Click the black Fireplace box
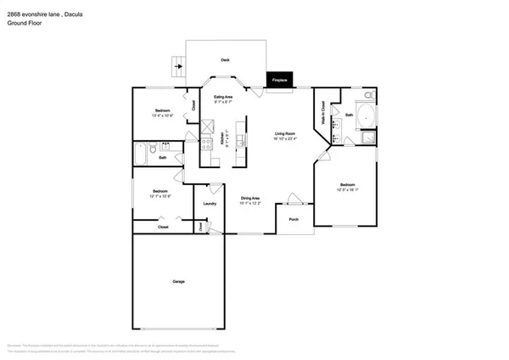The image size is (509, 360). pos(279,79)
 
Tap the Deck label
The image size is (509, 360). pos(225,60)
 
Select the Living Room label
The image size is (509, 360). pos(284,133)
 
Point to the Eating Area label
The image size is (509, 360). pos(224,98)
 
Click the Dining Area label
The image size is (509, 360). pos(249,198)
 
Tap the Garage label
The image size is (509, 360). pos(178,281)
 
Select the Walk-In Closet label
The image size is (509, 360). pos(323,113)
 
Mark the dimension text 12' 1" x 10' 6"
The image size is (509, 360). pos(160,196)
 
